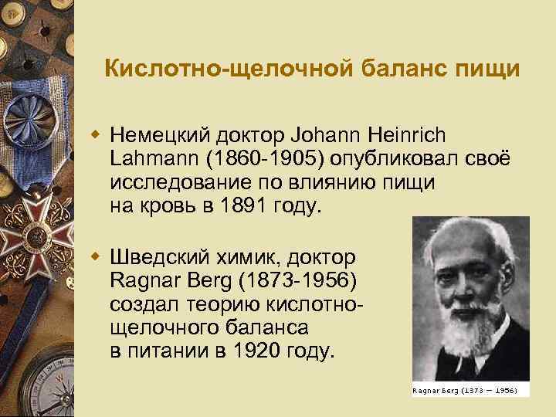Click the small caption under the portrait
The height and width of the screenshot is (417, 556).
(x=470, y=391)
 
